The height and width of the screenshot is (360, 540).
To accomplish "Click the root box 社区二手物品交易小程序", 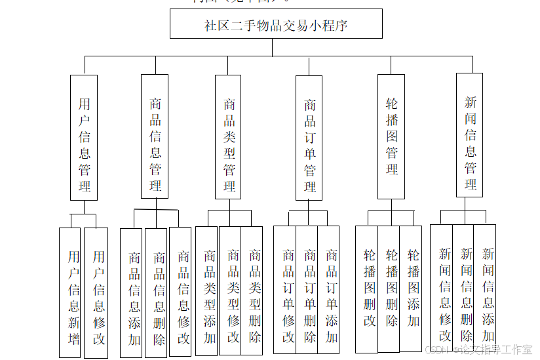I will point(276,25).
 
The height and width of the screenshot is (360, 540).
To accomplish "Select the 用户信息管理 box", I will point(84,137).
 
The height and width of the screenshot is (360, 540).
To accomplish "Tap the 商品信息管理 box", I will point(155,136).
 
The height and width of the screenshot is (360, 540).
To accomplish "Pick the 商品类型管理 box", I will point(229,136).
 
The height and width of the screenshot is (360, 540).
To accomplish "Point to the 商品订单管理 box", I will point(309,137).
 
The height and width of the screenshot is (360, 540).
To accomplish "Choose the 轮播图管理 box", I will point(391,136).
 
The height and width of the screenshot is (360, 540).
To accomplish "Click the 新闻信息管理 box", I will point(470,135).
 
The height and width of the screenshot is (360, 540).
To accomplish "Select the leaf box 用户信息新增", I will point(70,292).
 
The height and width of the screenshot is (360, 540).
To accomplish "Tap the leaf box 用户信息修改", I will point(96,292).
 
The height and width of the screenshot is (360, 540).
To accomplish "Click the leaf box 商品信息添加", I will point(132,292).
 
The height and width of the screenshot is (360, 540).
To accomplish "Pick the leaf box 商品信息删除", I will point(157,292).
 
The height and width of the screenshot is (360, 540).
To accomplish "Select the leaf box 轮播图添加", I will point(412,289).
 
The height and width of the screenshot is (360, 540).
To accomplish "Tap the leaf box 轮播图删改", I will point(368,289).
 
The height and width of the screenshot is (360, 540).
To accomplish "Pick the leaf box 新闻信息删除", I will point(465,288).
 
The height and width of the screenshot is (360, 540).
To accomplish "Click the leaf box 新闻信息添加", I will point(486,288).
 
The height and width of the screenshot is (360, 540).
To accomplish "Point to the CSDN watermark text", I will point(478,350).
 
